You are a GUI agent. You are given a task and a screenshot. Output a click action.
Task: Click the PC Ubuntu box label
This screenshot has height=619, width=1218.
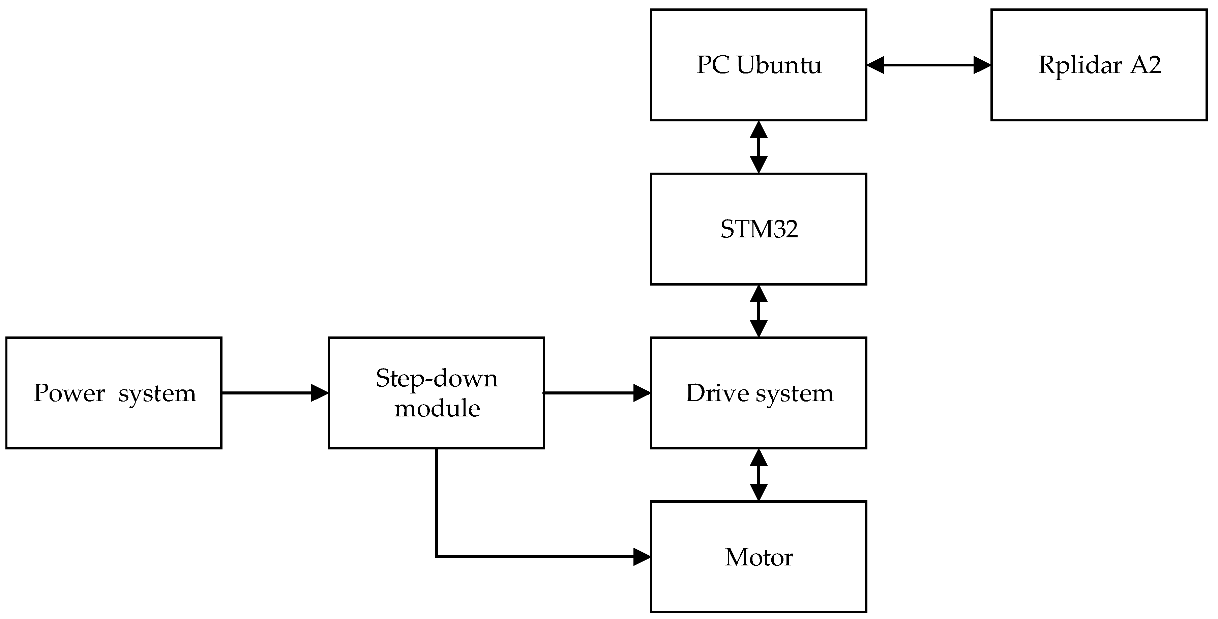(759, 65)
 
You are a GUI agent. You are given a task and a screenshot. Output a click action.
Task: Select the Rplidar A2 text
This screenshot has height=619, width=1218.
(1099, 65)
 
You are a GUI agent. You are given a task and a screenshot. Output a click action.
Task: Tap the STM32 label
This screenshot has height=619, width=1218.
(759, 229)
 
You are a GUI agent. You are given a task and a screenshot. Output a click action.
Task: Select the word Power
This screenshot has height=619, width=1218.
(69, 393)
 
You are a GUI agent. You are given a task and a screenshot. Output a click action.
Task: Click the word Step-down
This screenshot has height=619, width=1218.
(437, 378)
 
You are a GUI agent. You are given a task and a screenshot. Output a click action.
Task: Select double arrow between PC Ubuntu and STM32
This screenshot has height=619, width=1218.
(759, 147)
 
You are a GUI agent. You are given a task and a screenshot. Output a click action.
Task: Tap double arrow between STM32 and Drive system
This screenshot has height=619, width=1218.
(759, 311)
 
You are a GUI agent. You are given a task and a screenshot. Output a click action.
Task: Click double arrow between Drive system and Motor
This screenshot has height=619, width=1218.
(759, 475)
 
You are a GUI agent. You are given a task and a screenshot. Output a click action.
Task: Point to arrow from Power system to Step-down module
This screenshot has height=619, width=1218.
(274, 393)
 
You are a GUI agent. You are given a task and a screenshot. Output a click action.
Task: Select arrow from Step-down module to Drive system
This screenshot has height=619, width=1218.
(597, 393)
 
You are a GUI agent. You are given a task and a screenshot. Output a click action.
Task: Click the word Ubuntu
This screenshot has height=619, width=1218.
(779, 65)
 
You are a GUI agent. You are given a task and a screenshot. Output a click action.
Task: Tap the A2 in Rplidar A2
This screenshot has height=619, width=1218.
(1145, 65)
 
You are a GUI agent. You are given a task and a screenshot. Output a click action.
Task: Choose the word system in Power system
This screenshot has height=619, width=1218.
(157, 394)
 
